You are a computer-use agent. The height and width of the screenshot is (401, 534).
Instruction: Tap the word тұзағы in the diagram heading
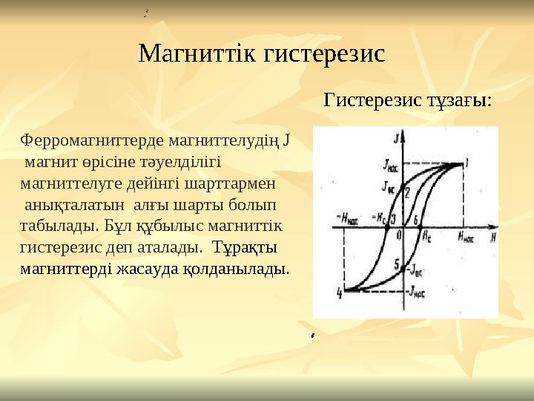[453, 100]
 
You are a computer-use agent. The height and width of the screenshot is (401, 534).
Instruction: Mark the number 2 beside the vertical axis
[408, 192]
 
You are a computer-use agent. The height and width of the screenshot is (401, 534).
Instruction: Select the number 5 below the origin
[397, 264]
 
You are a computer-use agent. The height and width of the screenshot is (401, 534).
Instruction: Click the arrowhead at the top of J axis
[405, 132]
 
